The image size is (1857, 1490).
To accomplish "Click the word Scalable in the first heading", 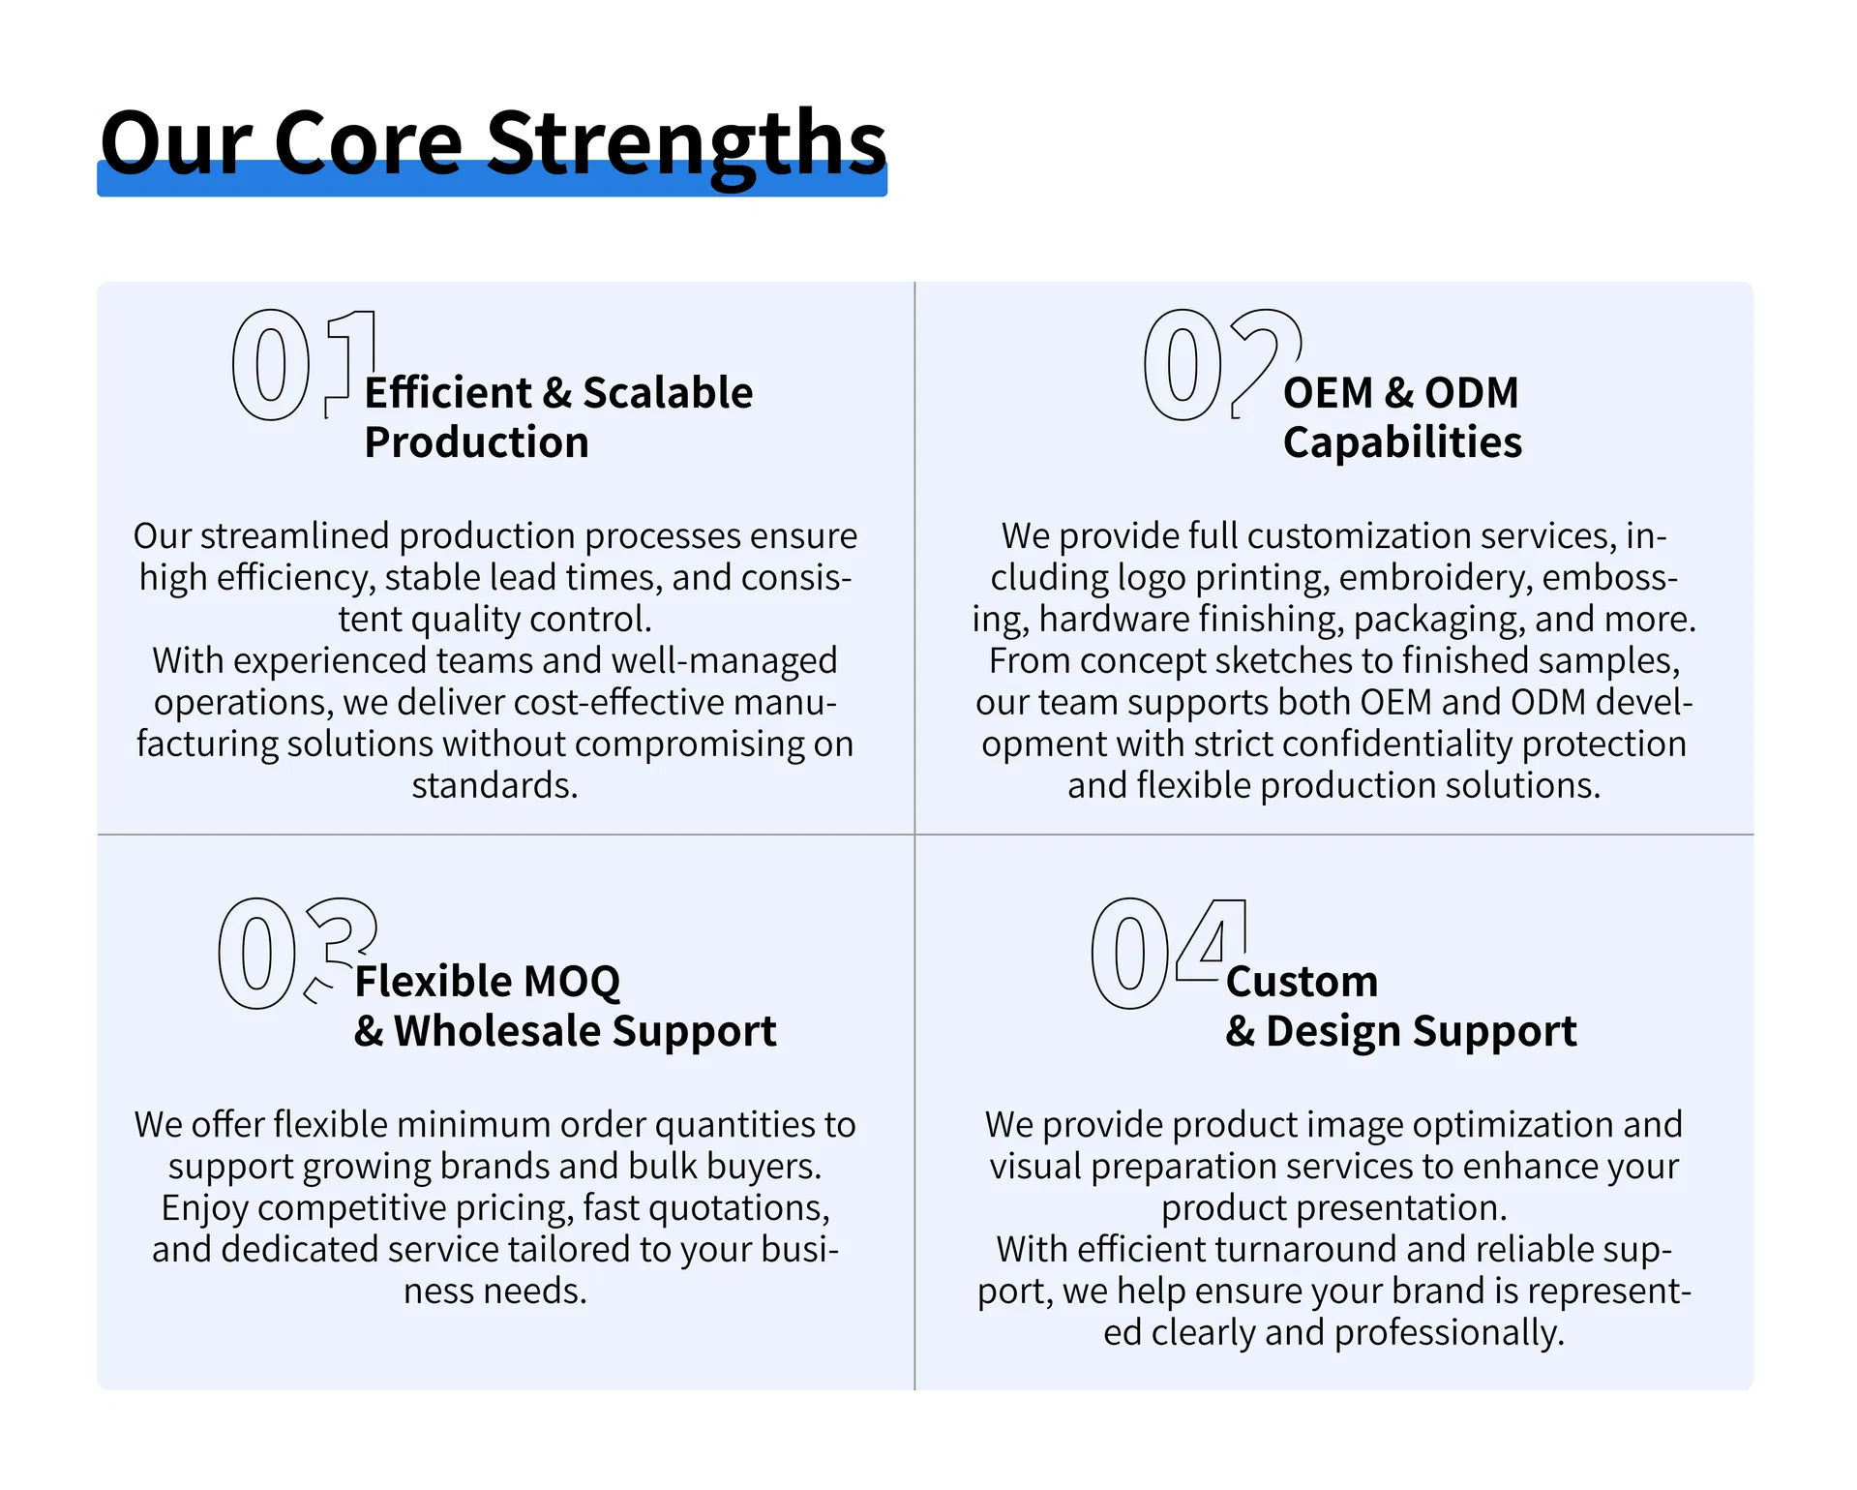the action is point(668,393).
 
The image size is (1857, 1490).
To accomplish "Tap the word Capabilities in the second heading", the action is point(1402,443).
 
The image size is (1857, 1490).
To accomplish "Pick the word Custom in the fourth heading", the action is point(1302,982).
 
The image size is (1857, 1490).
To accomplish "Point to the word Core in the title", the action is point(368,143).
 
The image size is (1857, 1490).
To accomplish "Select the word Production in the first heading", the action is point(476,442).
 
